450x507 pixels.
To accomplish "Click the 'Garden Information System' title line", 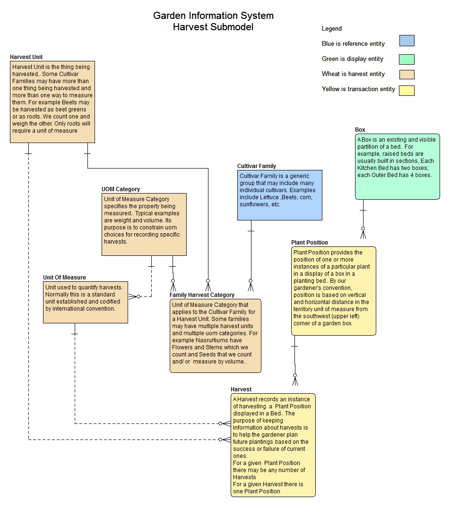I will pos(213,16).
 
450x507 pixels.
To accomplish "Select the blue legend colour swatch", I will pos(407,41).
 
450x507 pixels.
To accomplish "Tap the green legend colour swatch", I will pos(407,59).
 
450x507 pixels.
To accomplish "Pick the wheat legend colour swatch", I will pos(407,74).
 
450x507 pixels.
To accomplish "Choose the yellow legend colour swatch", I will pos(407,90).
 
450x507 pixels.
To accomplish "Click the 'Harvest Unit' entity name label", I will pos(26,57).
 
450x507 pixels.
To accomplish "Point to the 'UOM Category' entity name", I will pos(121,189).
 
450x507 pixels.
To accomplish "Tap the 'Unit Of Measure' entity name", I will pos(64,278).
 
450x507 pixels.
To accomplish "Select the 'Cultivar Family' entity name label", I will pos(257,166).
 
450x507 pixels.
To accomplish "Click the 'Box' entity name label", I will pos(360,130).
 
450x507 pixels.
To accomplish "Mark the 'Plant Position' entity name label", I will pos(310,243).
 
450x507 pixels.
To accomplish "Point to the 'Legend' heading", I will pos(331,29).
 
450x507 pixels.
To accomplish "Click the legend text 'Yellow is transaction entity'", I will pos(358,89).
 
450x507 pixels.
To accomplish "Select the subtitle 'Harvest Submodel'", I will pos(213,27).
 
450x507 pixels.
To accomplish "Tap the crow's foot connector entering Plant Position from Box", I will pos(363,233).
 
